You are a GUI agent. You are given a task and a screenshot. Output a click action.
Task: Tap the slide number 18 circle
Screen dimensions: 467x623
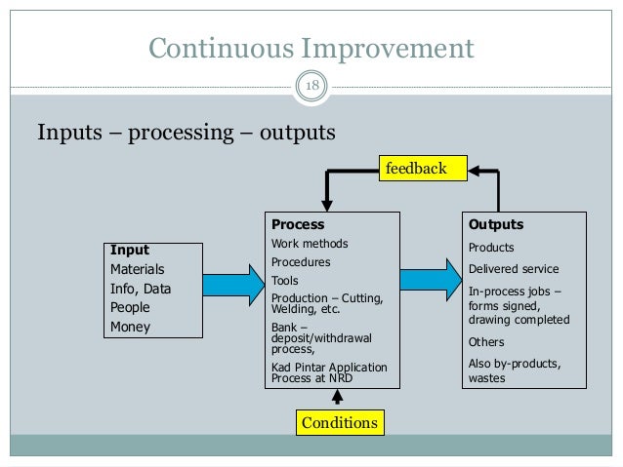click(312, 88)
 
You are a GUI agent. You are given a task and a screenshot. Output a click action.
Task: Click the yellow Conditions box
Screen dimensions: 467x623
click(338, 424)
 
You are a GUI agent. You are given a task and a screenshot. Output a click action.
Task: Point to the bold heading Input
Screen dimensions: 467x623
click(130, 250)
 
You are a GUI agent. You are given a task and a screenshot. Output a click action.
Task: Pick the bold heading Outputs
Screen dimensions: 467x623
click(496, 223)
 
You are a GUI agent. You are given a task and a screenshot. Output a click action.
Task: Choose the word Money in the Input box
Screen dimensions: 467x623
click(130, 327)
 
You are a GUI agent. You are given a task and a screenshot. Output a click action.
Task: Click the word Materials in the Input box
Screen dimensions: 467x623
click(138, 269)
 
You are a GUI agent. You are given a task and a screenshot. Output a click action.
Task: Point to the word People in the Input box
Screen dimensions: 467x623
click(131, 307)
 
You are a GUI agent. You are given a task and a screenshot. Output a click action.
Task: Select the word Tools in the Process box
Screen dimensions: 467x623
click(285, 280)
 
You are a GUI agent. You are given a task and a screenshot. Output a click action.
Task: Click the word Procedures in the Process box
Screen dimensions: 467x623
click(301, 262)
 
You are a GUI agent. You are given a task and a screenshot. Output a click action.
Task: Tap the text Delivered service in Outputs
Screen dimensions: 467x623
click(514, 269)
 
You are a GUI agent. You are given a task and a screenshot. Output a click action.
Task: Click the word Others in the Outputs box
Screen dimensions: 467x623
click(487, 342)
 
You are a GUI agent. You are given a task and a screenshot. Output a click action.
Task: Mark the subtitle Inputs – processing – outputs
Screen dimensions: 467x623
click(186, 131)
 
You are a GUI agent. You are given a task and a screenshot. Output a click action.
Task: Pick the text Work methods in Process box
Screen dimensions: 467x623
click(310, 244)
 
